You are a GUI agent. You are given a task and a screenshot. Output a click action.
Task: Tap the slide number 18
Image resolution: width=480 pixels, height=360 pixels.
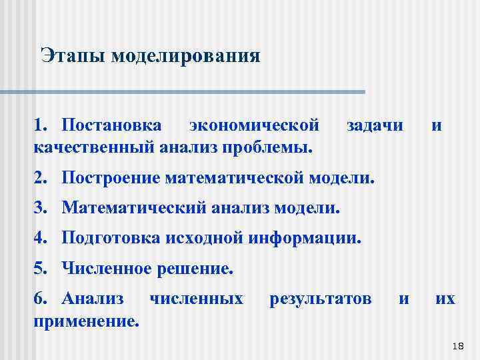pyautogui.click(x=457, y=345)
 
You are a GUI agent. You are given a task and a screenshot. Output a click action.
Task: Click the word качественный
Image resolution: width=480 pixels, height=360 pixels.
pyautogui.click(x=94, y=145)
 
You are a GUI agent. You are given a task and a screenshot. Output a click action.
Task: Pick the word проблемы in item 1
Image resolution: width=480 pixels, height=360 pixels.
pyautogui.click(x=273, y=145)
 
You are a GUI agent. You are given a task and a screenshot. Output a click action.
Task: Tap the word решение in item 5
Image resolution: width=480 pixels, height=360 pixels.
pyautogui.click(x=193, y=269)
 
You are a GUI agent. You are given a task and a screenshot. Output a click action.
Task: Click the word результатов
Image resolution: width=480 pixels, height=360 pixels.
pyautogui.click(x=320, y=299)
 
